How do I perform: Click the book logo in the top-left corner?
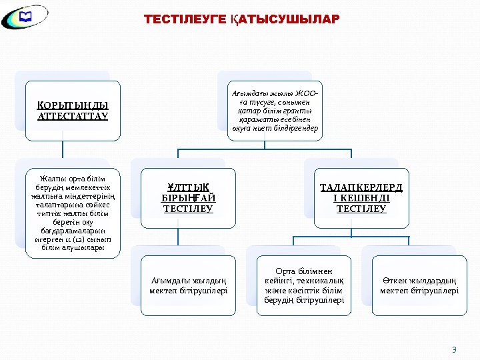point(25,18)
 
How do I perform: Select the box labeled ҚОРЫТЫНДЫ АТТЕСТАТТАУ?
point(73,111)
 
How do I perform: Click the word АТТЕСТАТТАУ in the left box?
point(73,117)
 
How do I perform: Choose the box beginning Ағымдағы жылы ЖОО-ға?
point(275,111)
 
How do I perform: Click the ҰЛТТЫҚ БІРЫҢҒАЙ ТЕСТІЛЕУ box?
point(189,198)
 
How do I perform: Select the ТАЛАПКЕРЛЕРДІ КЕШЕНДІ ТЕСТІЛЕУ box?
point(361,198)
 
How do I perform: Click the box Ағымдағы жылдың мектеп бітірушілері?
point(188,285)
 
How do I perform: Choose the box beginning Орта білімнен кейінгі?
point(304,285)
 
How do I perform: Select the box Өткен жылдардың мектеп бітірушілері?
point(419,285)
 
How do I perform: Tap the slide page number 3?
point(454,349)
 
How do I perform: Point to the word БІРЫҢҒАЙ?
point(189,198)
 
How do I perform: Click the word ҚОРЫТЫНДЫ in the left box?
point(73,105)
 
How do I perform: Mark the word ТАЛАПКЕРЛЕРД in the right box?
point(361,187)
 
